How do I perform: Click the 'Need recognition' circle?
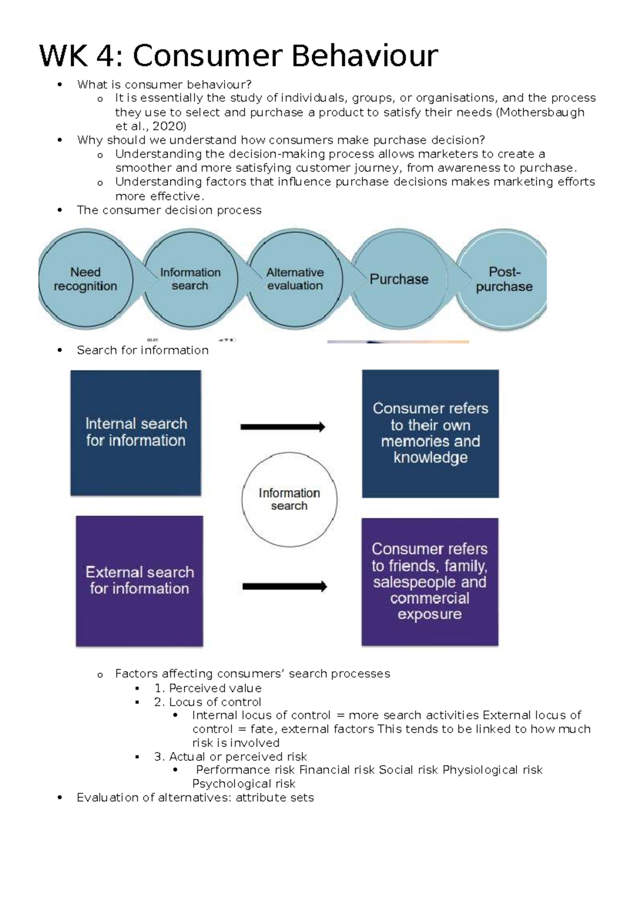click(x=85, y=279)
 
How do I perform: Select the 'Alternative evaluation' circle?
click(x=295, y=279)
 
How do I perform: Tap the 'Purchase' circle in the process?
click(x=399, y=279)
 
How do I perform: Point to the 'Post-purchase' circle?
click(x=503, y=279)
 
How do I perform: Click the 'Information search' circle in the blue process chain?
click(x=190, y=279)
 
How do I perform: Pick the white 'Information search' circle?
click(x=289, y=499)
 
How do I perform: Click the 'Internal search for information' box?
click(x=136, y=432)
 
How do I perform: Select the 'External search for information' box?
click(x=140, y=581)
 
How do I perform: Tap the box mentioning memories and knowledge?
click(x=431, y=433)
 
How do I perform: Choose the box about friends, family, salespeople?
click(x=430, y=582)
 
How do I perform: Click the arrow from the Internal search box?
click(x=282, y=427)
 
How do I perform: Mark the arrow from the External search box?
click(x=285, y=586)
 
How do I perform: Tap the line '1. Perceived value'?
click(x=208, y=688)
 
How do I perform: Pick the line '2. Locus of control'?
click(x=208, y=702)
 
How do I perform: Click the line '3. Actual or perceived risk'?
click(x=230, y=757)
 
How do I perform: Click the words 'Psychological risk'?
click(x=244, y=784)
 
